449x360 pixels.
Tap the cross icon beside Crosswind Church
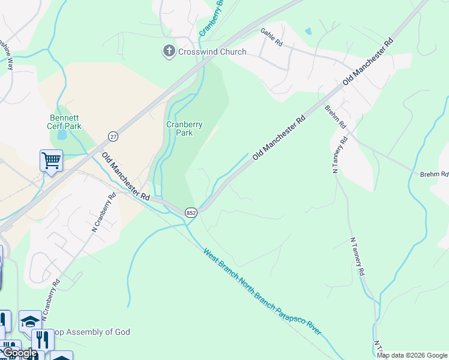(x=169, y=52)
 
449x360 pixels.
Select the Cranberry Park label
(x=184, y=128)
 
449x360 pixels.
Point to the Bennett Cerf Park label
(x=64, y=122)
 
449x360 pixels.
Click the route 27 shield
(x=113, y=137)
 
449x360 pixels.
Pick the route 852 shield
(x=191, y=212)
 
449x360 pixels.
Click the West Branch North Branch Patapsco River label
(x=262, y=292)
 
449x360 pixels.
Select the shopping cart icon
(x=51, y=161)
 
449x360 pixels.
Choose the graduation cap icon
(x=30, y=321)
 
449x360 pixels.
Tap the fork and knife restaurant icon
(x=42, y=340)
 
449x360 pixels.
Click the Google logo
(x=20, y=353)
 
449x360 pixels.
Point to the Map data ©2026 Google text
(x=412, y=355)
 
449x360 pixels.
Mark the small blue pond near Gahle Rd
(x=309, y=31)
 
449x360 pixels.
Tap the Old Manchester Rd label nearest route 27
(x=125, y=176)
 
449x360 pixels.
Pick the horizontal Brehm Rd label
(x=434, y=174)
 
